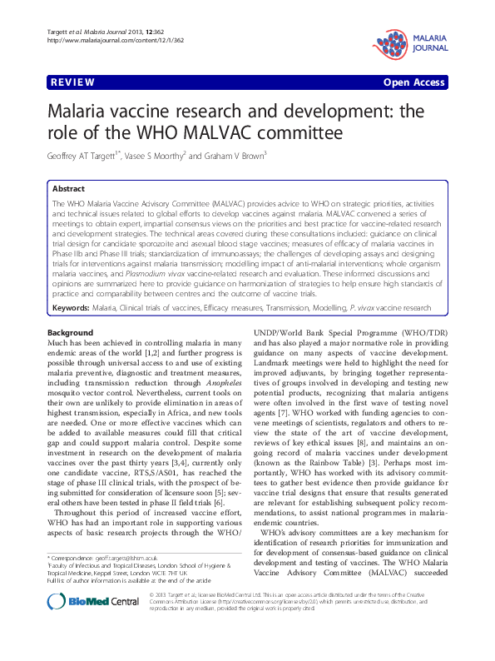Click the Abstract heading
pos(69,189)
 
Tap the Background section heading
pos(71,333)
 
